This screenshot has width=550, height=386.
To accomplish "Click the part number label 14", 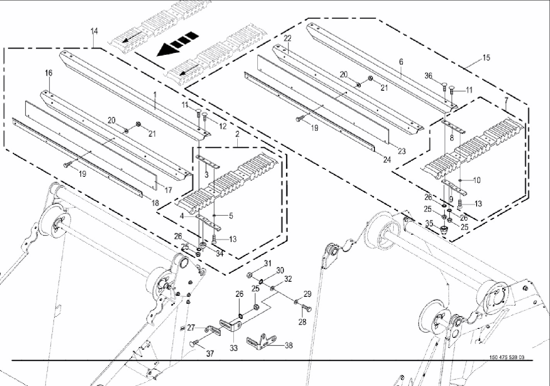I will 94,31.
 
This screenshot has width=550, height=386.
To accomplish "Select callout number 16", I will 48,73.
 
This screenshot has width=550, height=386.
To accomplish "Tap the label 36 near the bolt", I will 428,76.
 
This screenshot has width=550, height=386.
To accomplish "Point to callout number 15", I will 486,58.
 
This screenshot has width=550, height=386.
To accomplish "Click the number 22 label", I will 288,38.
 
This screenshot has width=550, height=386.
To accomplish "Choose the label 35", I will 429,223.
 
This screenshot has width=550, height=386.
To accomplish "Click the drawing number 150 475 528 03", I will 507,357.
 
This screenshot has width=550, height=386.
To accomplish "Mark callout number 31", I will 268,264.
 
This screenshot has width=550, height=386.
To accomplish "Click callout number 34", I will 220,253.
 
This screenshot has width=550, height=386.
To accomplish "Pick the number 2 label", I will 237,134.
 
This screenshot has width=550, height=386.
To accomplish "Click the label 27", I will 191,327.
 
